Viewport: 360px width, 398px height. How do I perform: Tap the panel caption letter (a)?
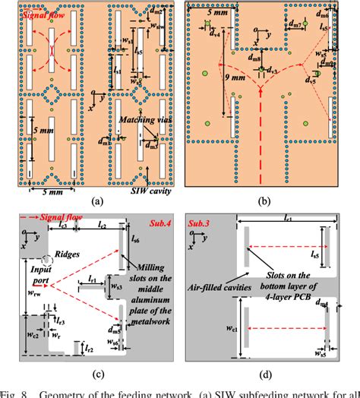pos(96,201)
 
